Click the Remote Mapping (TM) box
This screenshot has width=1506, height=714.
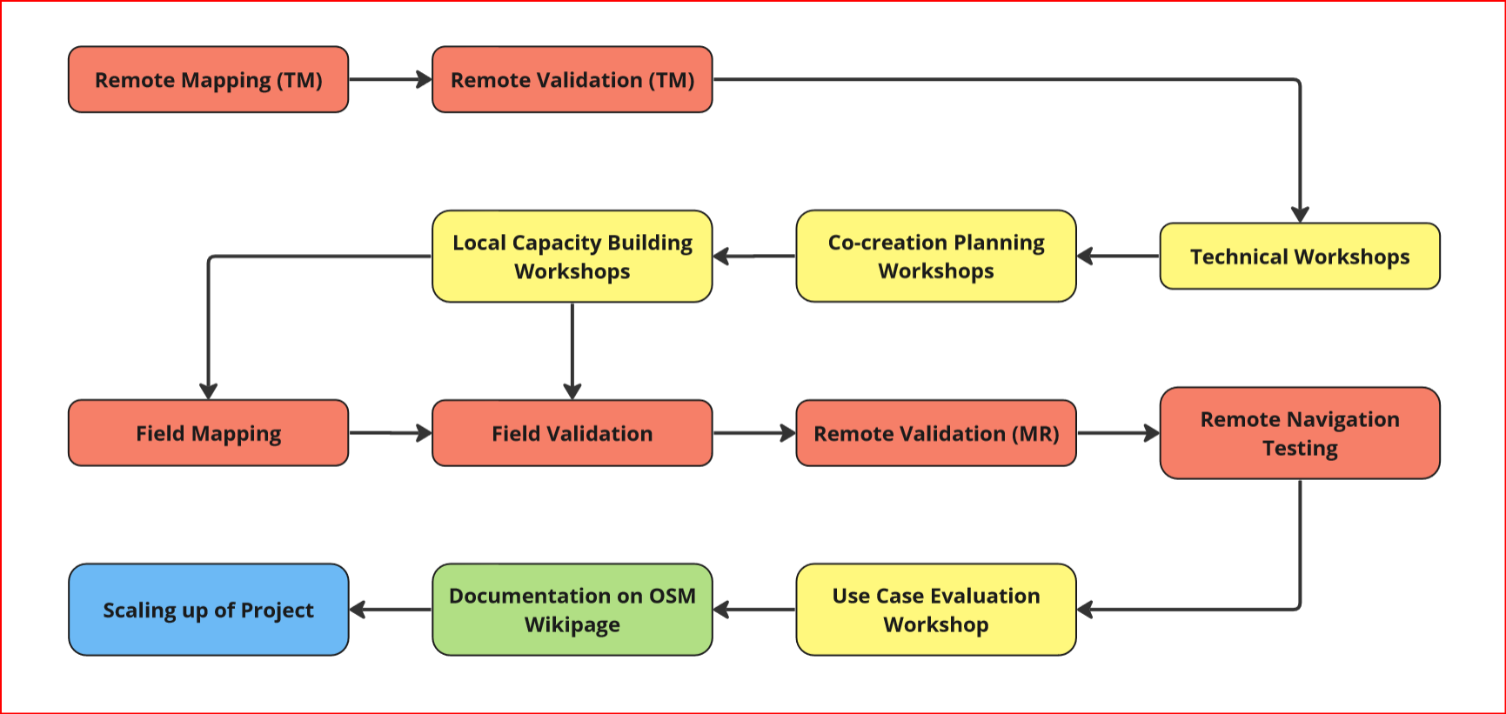tap(208, 79)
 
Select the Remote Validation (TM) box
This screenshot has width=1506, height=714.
tap(572, 79)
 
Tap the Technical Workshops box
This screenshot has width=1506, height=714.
tap(1300, 256)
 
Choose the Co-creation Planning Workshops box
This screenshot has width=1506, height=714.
tap(936, 256)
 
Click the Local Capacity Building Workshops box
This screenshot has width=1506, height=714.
tap(572, 256)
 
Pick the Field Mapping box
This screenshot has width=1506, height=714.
tap(208, 433)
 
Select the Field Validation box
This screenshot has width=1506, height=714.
tap(572, 433)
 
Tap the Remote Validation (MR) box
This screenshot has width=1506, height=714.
tap(936, 433)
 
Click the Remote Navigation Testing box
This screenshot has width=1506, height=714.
tap(1300, 433)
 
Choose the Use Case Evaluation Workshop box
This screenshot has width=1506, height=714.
tap(936, 610)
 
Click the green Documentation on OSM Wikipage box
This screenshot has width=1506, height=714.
tap(572, 610)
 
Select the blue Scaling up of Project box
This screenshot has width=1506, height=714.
tap(208, 610)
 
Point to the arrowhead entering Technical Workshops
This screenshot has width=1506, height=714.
tap(1300, 215)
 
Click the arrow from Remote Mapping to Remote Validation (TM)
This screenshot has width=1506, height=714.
tap(391, 79)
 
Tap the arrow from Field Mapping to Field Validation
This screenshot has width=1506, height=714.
tap(391, 433)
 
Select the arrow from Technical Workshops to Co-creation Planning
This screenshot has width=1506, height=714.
tap(1118, 256)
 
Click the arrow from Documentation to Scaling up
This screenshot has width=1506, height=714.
tap(391, 610)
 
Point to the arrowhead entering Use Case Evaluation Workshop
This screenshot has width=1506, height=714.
tap(1085, 610)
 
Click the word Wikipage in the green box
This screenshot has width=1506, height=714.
tap(572, 624)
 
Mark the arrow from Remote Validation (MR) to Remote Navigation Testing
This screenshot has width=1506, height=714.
tap(1118, 433)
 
